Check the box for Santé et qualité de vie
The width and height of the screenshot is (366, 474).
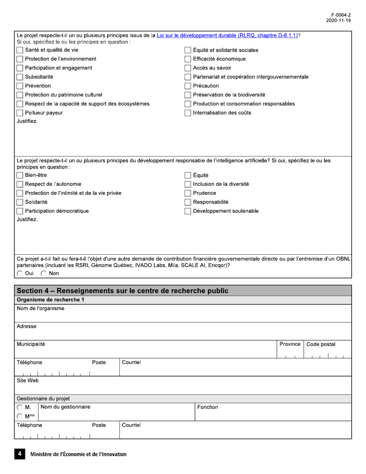point(20,50)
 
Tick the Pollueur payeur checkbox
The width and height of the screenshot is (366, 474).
point(20,113)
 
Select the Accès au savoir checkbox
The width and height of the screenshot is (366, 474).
point(188,68)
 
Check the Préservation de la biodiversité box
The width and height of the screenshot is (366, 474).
point(188,95)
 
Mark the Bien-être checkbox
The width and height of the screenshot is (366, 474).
point(20,175)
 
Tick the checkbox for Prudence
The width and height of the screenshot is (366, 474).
point(188,193)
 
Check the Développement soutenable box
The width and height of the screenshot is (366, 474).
point(188,211)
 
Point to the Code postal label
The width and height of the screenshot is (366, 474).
point(321,344)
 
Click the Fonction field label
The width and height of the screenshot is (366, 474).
point(208,407)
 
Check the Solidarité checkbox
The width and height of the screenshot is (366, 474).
point(20,202)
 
